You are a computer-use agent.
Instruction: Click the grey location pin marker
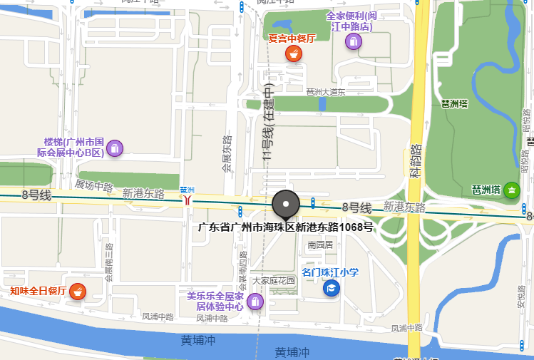pos(286,205)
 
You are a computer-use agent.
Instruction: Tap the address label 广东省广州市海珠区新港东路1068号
pos(285,227)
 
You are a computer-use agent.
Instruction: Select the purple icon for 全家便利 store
pos(353,41)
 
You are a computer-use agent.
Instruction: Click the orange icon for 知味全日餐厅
pos(78,291)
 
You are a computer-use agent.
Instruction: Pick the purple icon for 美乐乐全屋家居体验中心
pos(255,302)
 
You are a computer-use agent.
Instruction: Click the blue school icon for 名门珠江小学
pos(331,287)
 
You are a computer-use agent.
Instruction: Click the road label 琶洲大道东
pos(325,92)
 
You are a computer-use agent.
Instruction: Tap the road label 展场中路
pos(94,186)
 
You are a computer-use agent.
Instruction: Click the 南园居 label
pos(320,245)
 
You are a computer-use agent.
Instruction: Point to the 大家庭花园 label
pos(273,281)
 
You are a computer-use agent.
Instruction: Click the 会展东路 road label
pos(227,154)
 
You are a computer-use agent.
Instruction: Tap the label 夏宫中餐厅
pos(292,38)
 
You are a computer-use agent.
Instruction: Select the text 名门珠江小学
pos(330,272)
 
